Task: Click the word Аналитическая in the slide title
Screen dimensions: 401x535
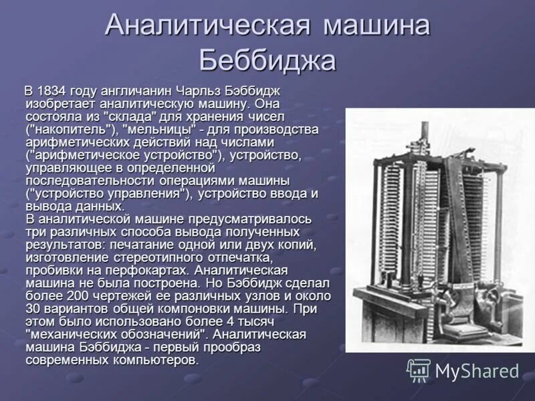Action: [207, 27]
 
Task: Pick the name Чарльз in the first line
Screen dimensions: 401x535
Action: [201, 90]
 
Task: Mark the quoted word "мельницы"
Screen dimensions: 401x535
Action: [158, 128]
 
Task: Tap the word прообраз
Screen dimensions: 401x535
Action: [227, 347]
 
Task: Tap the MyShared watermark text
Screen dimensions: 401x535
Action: [477, 371]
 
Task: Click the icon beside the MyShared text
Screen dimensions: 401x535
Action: [419, 370]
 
